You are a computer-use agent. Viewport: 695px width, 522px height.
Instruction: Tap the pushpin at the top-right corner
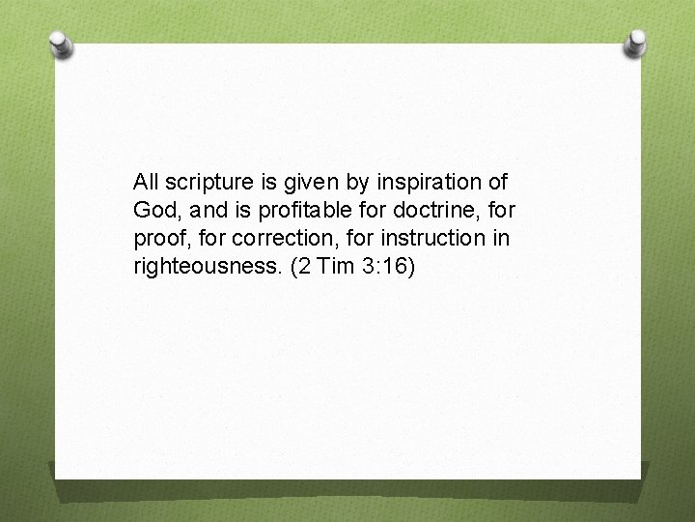click(636, 43)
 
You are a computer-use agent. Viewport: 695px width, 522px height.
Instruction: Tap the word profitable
click(308, 210)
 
